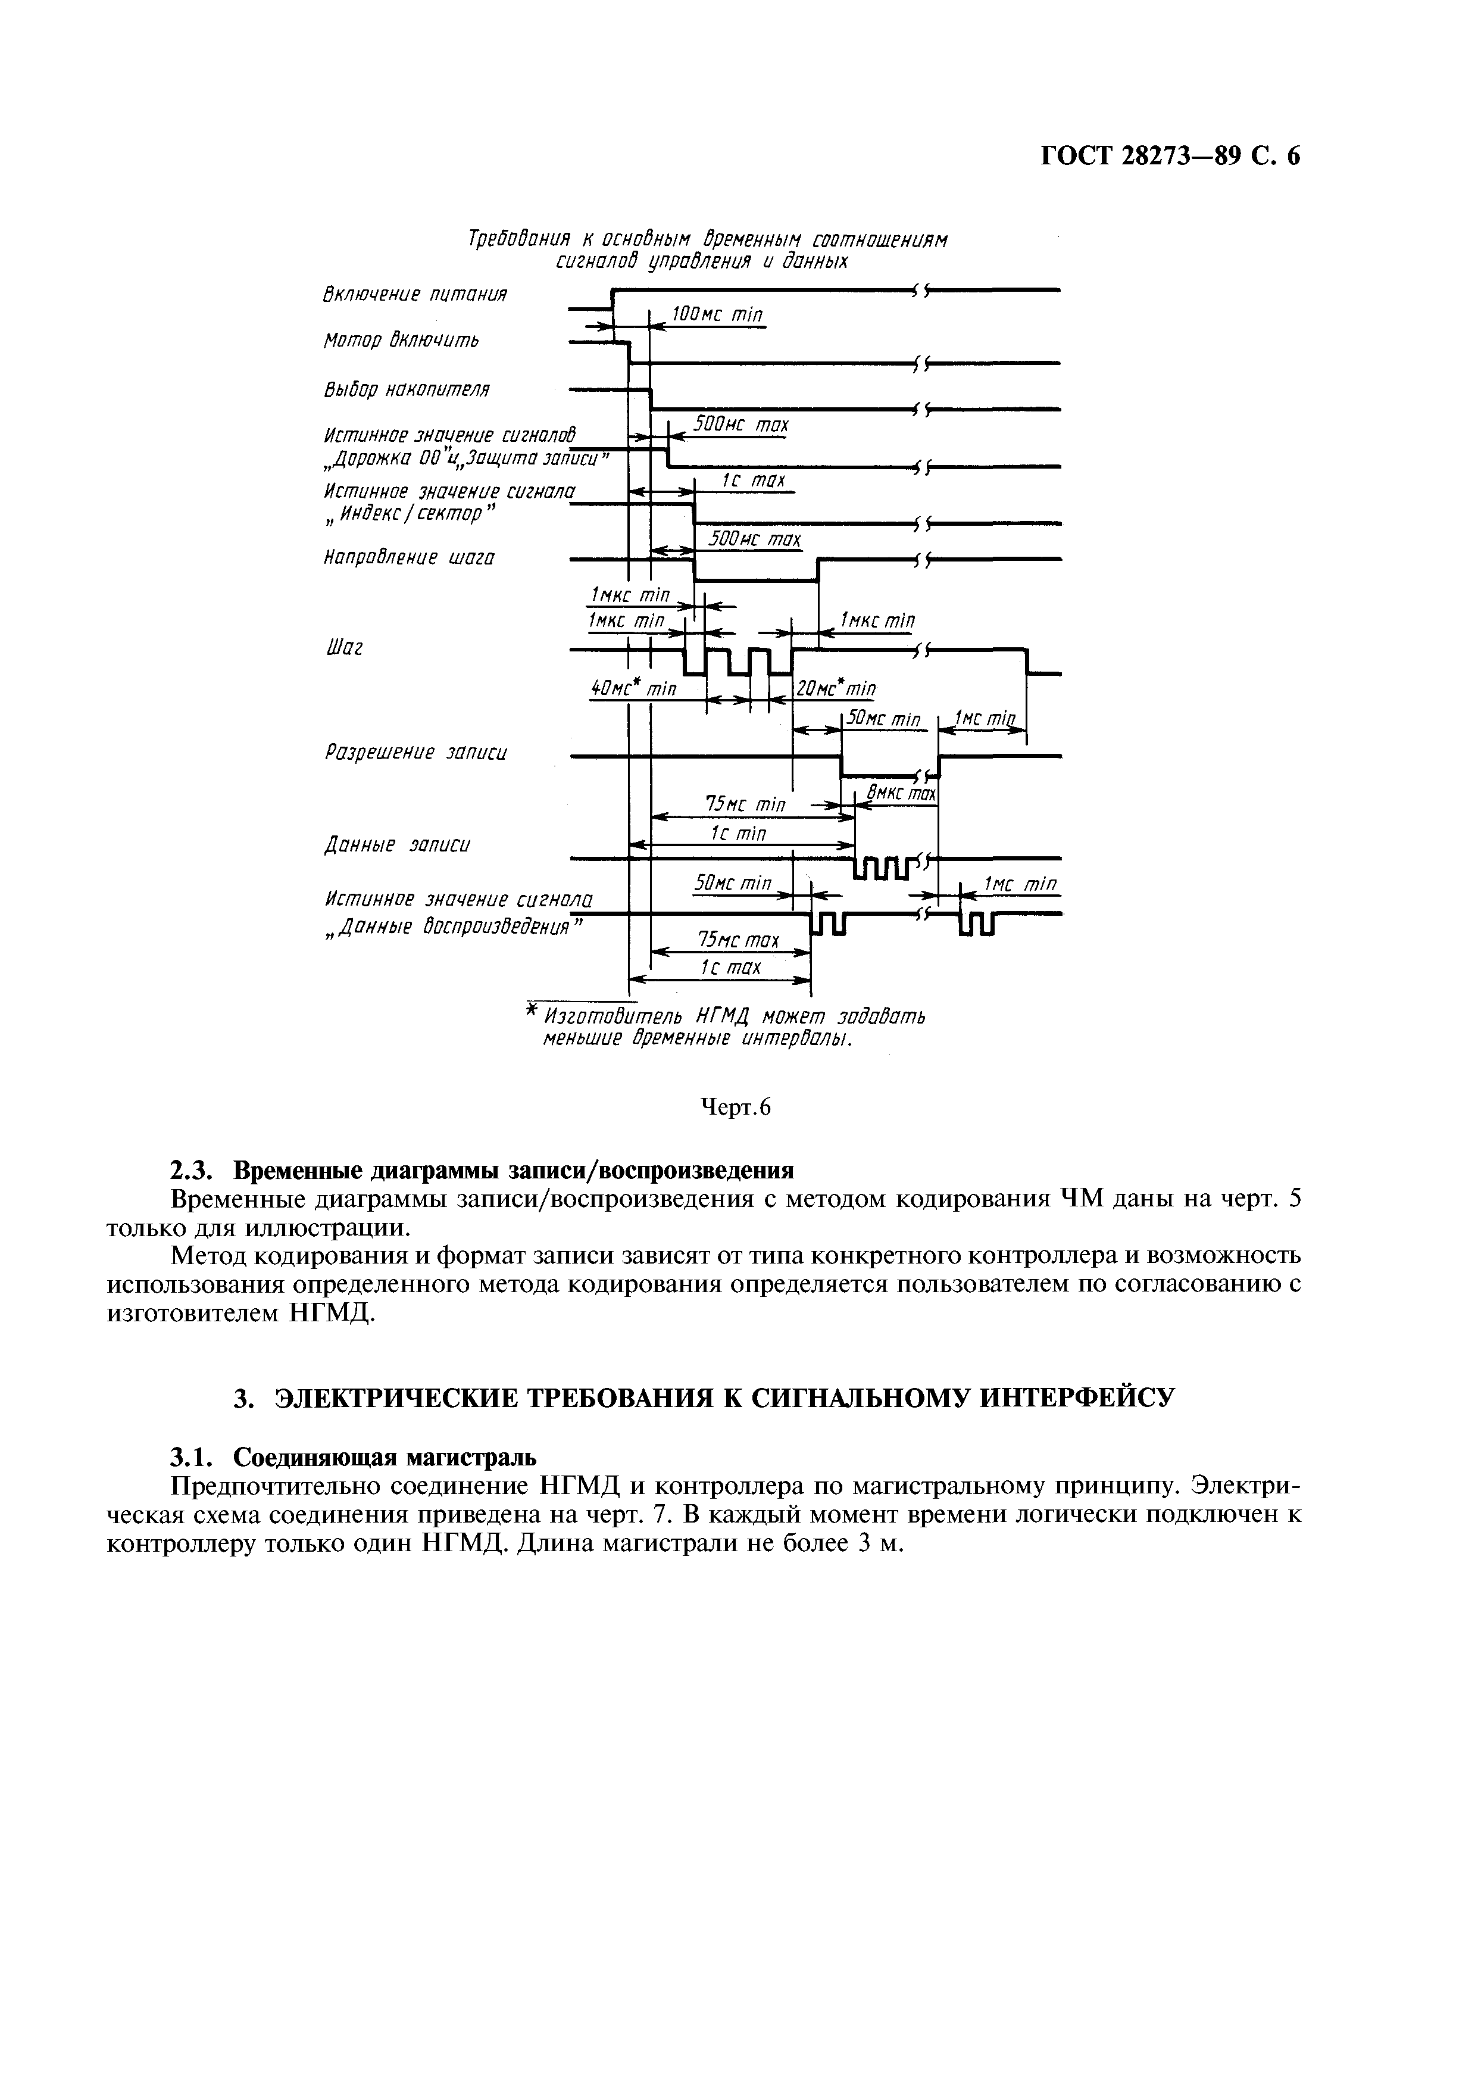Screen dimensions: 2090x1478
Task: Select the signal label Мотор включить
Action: [x=401, y=341]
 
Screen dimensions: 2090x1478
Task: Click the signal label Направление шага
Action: [x=408, y=557]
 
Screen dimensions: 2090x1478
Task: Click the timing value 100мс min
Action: [x=716, y=315]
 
